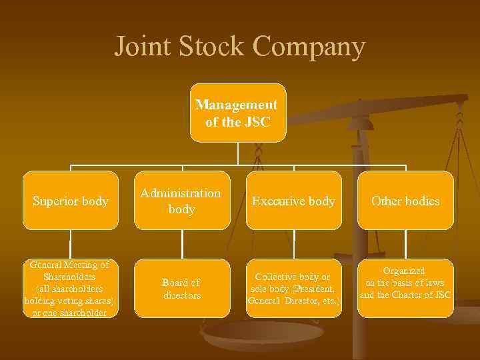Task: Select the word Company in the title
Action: point(310,47)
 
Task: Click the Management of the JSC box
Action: point(237,113)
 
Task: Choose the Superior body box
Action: point(71,201)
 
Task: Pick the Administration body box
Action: point(181,201)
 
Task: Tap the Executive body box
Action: point(293,201)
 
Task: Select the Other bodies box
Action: point(405,201)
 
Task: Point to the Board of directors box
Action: point(181,289)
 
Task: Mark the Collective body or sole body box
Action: point(293,289)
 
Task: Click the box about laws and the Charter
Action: point(405,283)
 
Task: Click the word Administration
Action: point(181,193)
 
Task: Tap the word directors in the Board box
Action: point(182,295)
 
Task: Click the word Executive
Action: point(275,201)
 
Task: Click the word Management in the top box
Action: point(236,105)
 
